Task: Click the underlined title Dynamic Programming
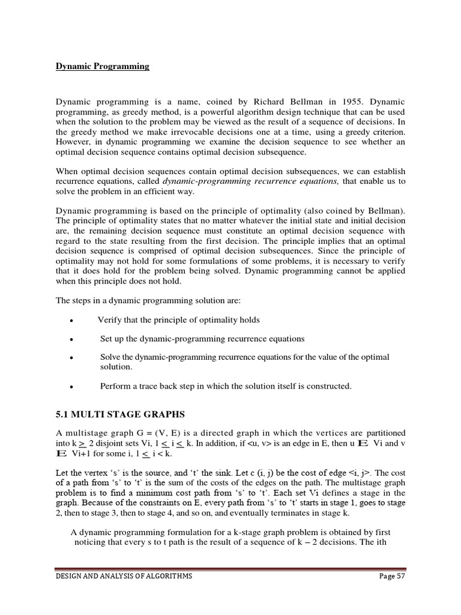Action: [102, 67]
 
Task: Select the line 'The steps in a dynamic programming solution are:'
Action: [148, 300]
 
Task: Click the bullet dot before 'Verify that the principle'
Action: [71, 321]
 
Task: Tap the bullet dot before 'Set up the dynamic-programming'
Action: [71, 339]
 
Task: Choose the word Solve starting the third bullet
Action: [111, 357]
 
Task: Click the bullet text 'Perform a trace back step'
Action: [226, 386]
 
